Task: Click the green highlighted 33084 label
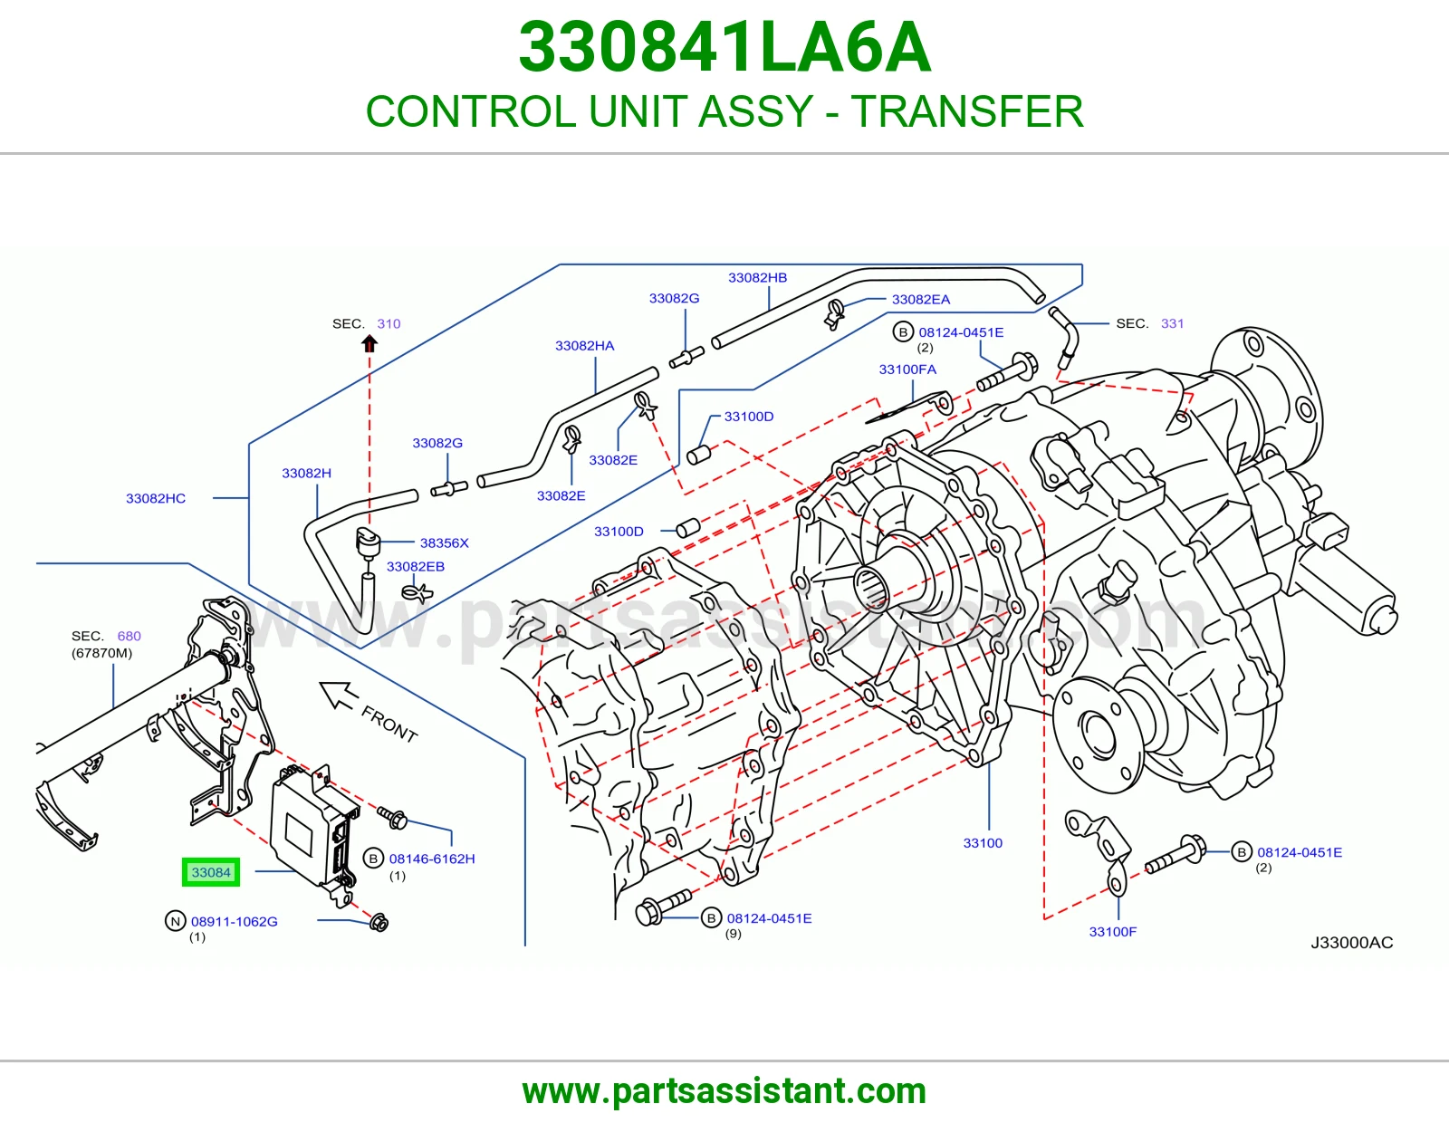pos(211,872)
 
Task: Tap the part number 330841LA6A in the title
pos(724,47)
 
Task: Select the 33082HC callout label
pos(156,498)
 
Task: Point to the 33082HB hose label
pos(757,277)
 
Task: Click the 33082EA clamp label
pos(921,300)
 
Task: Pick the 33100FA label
pos(907,370)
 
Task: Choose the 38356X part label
pos(444,542)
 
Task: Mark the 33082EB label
pos(416,566)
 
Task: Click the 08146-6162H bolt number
pos(432,859)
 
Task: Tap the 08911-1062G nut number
pos(234,922)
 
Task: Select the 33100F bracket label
pos(1113,932)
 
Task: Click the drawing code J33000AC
pos(1351,942)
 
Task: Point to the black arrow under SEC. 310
pos(369,344)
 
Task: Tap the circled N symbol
pos(175,921)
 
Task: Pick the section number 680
pos(130,636)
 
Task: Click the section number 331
pos(1172,323)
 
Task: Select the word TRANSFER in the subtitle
pos(967,111)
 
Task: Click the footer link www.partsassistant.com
pos(724,1092)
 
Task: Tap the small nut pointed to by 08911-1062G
pos(379,923)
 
